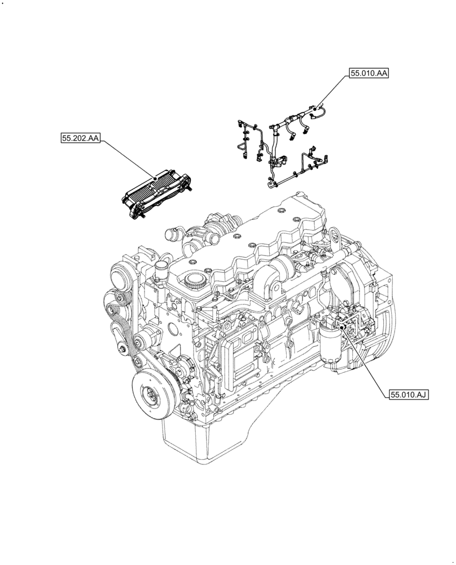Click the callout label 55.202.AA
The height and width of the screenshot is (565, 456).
(80, 137)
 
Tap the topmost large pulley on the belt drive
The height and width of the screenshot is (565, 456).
(121, 277)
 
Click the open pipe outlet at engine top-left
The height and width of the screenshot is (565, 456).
(170, 233)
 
